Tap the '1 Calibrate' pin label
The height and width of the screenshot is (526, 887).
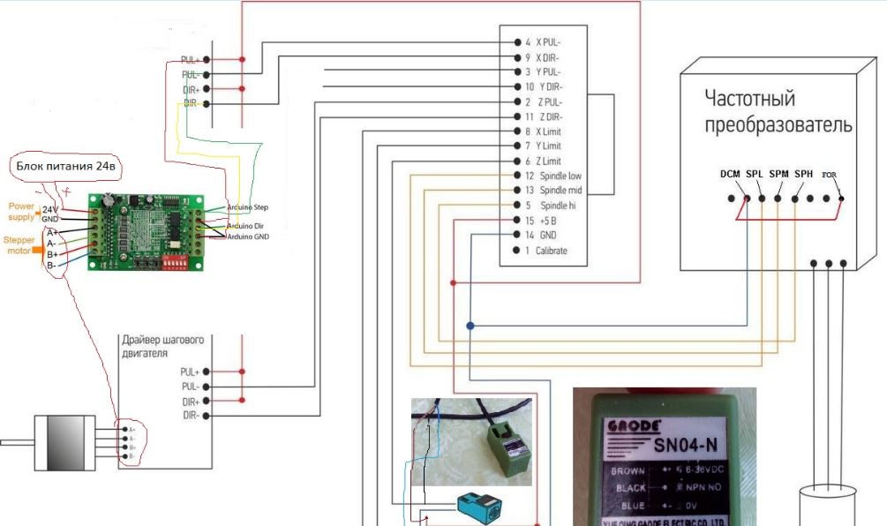546,251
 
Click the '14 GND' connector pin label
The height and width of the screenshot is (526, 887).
541,235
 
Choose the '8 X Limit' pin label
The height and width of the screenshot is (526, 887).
547,131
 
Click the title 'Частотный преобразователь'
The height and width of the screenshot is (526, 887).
778,111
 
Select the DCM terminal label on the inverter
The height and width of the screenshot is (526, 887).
729,175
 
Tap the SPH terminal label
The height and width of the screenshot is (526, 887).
803,175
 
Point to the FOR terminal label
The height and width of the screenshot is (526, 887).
829,175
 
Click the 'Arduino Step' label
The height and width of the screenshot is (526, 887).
248,207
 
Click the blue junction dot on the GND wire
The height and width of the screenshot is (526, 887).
470,327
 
